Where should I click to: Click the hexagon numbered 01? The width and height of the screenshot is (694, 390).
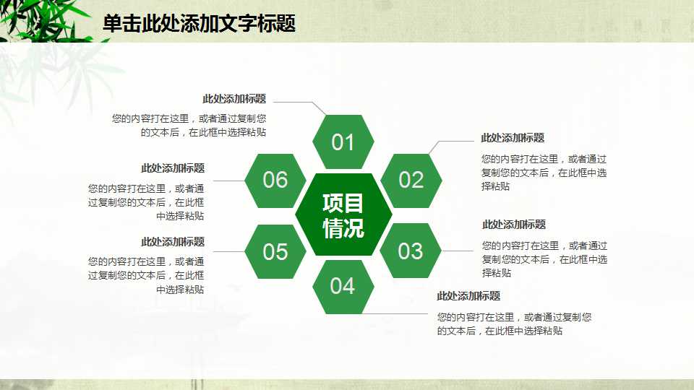pos(343,142)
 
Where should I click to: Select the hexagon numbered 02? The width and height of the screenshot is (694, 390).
pos(411,180)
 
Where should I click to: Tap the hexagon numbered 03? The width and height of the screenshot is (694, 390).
pos(411,251)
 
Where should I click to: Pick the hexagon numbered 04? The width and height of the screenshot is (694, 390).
pos(343,286)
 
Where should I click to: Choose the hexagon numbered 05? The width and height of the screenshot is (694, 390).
pos(275,251)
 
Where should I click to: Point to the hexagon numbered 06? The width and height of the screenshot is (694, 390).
pos(275,180)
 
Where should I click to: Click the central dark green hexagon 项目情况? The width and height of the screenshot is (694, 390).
pos(343,215)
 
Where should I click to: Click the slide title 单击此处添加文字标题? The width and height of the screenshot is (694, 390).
pos(199,24)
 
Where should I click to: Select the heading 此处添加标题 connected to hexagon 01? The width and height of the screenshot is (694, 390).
pos(234,99)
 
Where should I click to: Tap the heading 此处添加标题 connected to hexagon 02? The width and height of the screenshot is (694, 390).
pos(513,138)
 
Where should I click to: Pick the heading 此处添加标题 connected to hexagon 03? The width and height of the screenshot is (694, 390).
pos(514,225)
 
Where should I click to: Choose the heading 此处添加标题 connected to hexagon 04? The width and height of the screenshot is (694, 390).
pos(468,296)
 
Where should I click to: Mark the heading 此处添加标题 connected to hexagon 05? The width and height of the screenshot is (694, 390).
pos(173,242)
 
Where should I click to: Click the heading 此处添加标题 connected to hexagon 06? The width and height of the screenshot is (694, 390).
pos(173,168)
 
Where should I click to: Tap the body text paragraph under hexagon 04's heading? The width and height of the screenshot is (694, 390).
pos(514,324)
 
